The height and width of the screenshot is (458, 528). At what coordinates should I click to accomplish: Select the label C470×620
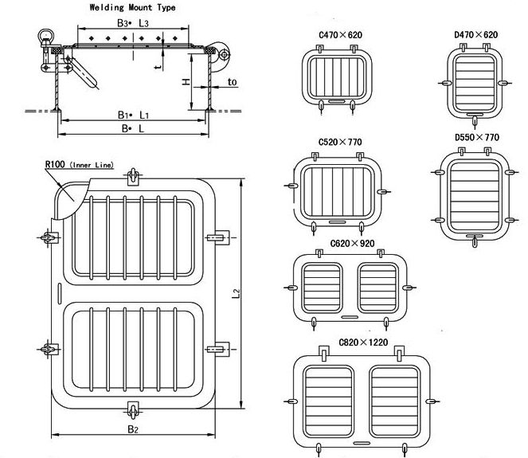340,35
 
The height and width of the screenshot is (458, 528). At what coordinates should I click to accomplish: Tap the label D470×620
475,35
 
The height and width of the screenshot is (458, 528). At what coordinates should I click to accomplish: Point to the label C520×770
340,143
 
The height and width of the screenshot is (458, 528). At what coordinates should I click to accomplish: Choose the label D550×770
476,137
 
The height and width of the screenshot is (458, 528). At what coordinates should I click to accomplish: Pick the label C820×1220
365,342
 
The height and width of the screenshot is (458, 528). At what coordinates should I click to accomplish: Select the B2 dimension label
133,430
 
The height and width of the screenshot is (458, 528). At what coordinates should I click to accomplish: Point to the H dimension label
185,82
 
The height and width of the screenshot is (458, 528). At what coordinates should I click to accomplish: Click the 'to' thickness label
232,82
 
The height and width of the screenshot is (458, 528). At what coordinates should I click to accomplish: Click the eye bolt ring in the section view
42,36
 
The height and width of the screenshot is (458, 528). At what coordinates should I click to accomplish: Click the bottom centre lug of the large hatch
132,409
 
